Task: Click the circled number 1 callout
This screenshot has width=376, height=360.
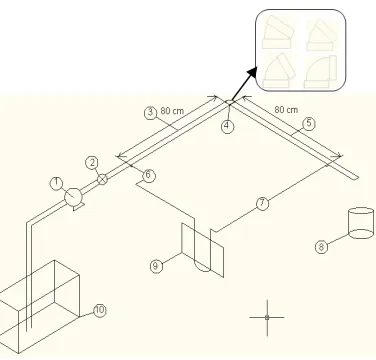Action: pyautogui.click(x=57, y=183)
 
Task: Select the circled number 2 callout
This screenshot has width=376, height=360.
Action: pyautogui.click(x=92, y=163)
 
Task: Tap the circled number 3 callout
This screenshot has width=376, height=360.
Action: pyautogui.click(x=150, y=113)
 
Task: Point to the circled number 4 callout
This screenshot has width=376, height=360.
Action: pyautogui.click(x=227, y=126)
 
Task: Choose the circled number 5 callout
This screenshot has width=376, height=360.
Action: pyautogui.click(x=309, y=124)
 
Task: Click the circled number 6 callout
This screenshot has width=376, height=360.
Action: pyautogui.click(x=149, y=175)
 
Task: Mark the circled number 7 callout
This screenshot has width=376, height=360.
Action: pyautogui.click(x=262, y=203)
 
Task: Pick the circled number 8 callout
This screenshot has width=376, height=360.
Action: pyautogui.click(x=321, y=247)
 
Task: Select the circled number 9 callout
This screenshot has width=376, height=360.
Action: pyautogui.click(x=156, y=266)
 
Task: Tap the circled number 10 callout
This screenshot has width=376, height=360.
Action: pyautogui.click(x=100, y=310)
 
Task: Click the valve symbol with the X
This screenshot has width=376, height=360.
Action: pyautogui.click(x=103, y=179)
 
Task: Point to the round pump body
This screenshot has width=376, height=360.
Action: pyautogui.click(x=73, y=197)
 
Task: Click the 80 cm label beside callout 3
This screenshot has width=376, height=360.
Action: pyautogui.click(x=172, y=110)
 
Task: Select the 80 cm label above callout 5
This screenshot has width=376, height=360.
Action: pyautogui.click(x=286, y=109)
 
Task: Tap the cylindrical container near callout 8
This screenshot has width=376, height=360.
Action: pyautogui.click(x=361, y=223)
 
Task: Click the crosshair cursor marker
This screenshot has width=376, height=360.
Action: pyautogui.click(x=267, y=318)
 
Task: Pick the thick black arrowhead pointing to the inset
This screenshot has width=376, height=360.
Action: pyautogui.click(x=252, y=72)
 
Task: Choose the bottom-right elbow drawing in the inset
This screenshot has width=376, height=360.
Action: pyautogui.click(x=321, y=72)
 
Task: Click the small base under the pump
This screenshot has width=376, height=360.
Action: pyautogui.click(x=78, y=207)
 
